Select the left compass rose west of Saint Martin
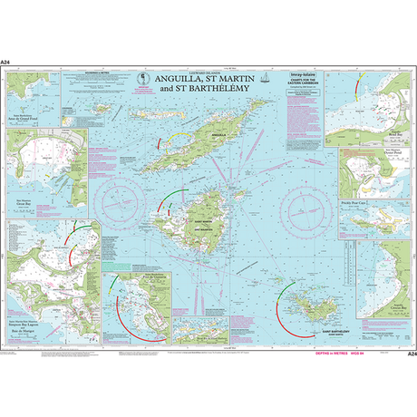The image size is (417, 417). tap(123, 196)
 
